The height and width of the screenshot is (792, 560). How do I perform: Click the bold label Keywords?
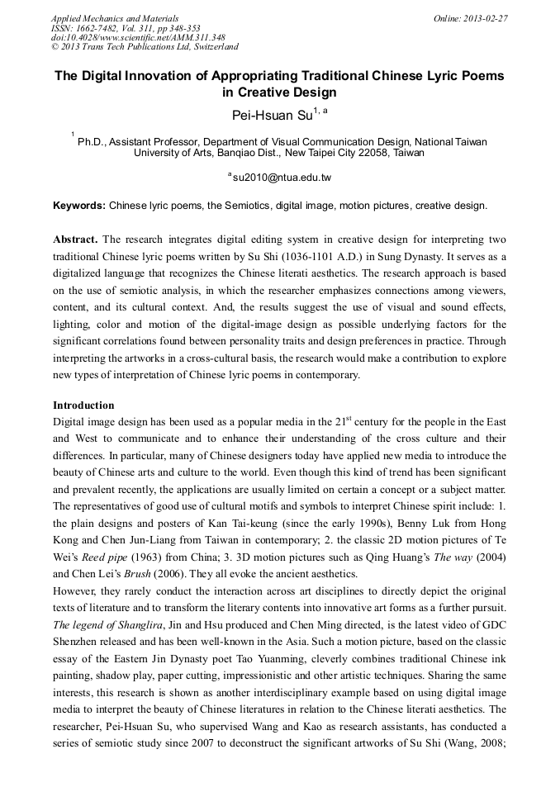click(79, 205)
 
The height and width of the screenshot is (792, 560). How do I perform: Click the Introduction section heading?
click(83, 405)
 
